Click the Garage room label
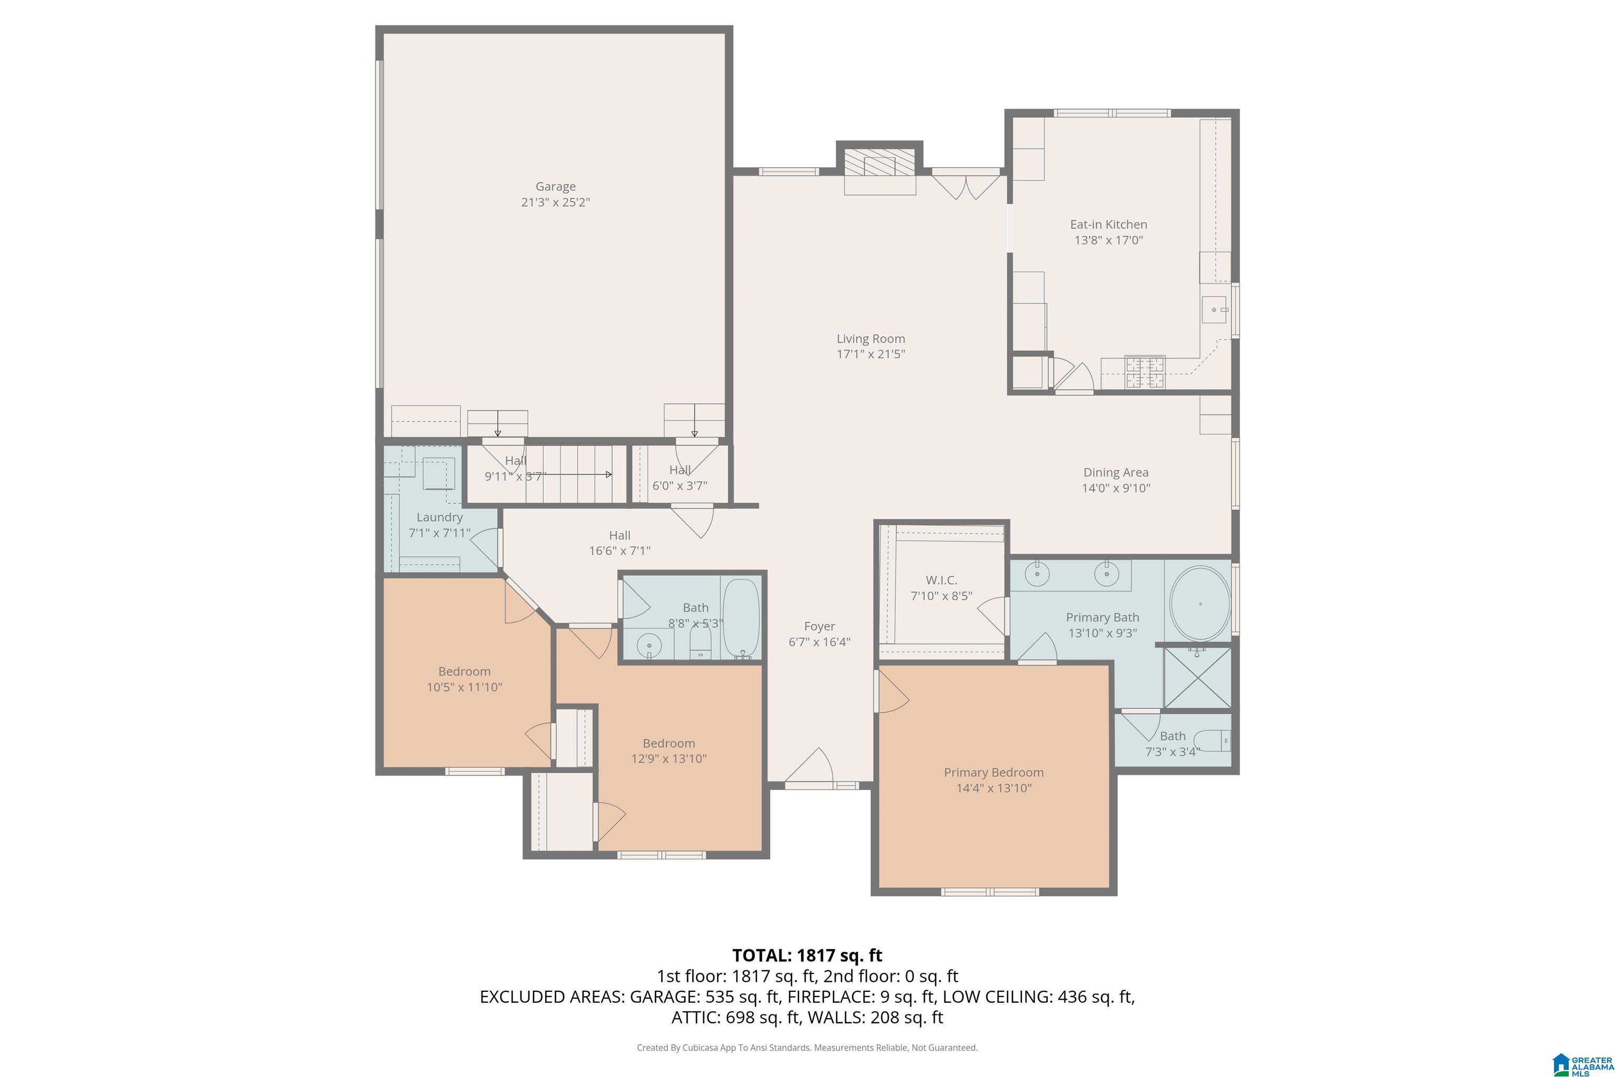pos(556,187)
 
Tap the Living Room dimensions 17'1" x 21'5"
pos(871,354)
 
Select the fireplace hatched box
pos(880,164)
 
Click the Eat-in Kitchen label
pos(1108,225)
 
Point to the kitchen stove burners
pos(1144,372)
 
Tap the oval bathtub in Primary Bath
pos(1200,604)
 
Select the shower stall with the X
pos(1198,677)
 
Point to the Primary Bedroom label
pos(994,773)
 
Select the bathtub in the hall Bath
pos(742,619)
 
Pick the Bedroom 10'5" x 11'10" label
pos(464,672)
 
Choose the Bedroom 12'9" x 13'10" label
pos(669,743)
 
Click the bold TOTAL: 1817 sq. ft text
pos(807,956)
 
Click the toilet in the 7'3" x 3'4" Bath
pos(1212,741)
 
